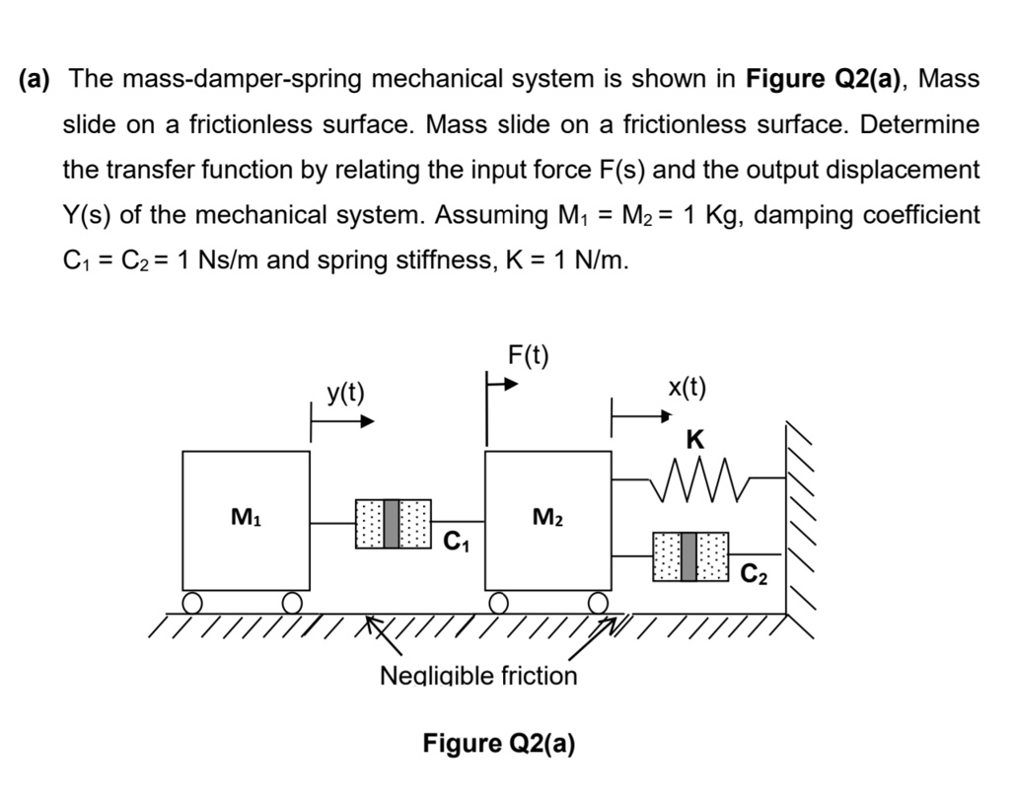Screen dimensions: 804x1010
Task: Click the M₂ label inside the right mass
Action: [547, 515]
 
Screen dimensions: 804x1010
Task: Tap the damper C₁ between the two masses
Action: [393, 523]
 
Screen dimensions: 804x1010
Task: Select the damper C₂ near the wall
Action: [690, 555]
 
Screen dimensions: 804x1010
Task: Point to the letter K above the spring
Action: [695, 441]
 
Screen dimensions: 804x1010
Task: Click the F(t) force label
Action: [529, 354]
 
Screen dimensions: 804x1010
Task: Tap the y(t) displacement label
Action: [345, 394]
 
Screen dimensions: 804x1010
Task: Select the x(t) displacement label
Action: [687, 387]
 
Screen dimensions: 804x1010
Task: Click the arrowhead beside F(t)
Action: [509, 385]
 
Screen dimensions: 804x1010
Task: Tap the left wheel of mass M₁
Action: [193, 602]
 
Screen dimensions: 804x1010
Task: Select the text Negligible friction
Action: [478, 676]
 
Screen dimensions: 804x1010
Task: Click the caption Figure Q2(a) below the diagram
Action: [498, 742]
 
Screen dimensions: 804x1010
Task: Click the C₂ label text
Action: [754, 571]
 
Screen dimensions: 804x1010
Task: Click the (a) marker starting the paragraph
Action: [36, 79]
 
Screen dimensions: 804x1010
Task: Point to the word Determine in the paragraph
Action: [923, 124]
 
